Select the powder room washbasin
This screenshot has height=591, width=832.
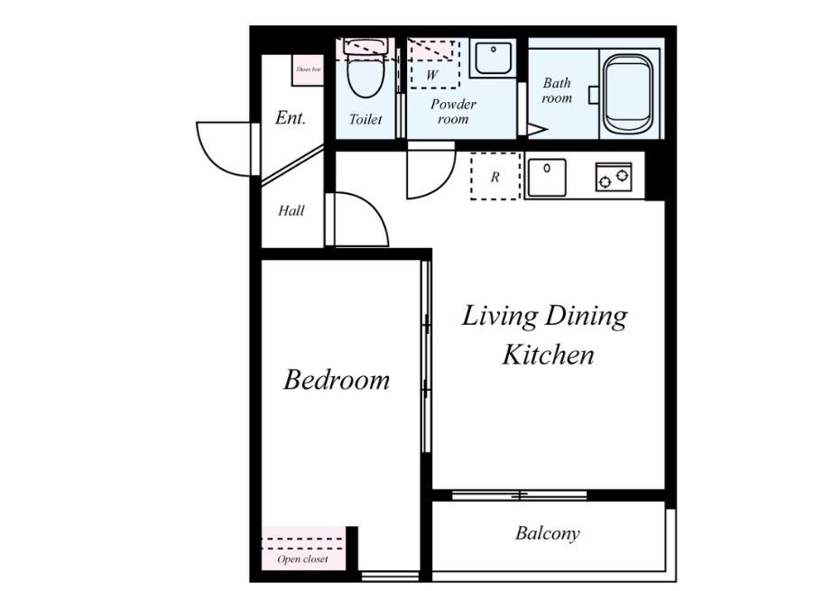click(494, 58)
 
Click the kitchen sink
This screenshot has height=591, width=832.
click(547, 177)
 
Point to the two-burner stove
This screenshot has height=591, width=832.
click(614, 177)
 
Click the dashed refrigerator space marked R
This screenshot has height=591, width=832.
click(495, 176)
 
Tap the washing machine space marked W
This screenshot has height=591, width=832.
click(433, 64)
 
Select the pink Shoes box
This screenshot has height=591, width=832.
click(308, 69)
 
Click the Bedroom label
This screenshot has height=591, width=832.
click(337, 380)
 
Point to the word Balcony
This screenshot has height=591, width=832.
click(547, 533)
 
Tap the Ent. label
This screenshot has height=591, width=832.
click(291, 118)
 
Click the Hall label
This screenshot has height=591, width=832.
click(291, 210)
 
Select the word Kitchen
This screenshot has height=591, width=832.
click(548, 355)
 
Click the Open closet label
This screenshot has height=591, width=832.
click(302, 559)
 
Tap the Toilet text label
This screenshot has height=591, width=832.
click(365, 119)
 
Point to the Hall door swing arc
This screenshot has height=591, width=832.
click(372, 209)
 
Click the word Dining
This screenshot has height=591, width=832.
click(586, 317)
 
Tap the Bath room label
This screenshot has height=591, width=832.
click(557, 90)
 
